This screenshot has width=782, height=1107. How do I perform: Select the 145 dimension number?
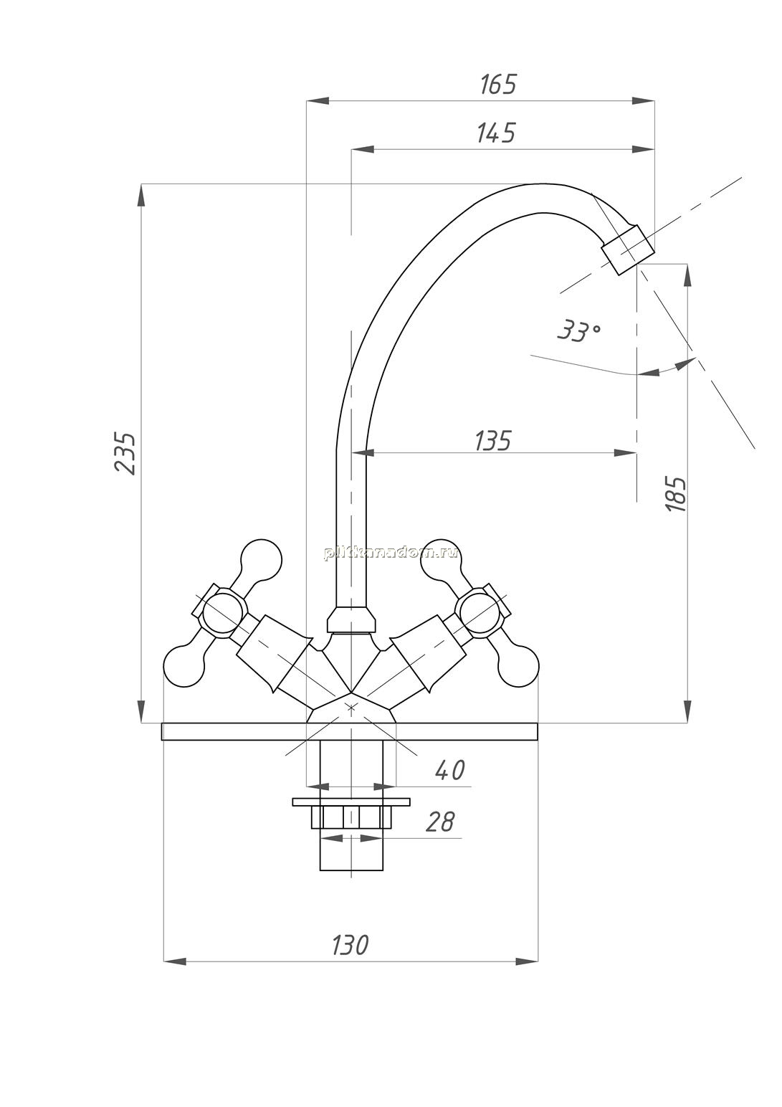click(496, 133)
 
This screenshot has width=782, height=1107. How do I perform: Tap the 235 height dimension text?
click(125, 454)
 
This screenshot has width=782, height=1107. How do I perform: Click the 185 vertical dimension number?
click(677, 494)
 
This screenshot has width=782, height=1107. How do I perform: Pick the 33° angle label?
click(579, 331)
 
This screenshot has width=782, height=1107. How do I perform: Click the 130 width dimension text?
click(350, 944)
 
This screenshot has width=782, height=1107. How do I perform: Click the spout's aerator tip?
click(628, 250)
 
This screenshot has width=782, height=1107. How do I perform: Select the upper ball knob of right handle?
click(441, 560)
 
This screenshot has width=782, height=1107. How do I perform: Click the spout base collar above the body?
click(351, 619)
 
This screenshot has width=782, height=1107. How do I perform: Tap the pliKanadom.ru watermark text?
click(390, 553)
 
